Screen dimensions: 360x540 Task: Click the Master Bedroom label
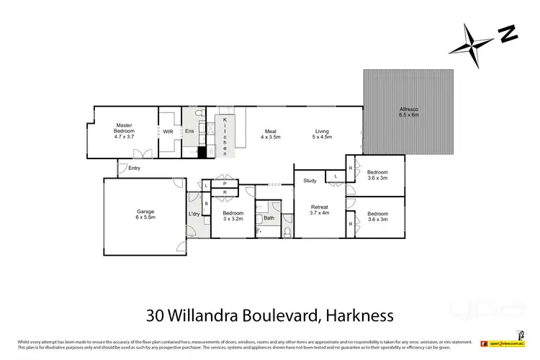click(x=125, y=129)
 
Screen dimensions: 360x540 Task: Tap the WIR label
click(x=168, y=132)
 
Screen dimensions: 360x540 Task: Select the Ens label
click(x=189, y=132)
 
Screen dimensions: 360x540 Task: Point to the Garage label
click(x=145, y=214)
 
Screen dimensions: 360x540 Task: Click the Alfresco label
click(x=409, y=112)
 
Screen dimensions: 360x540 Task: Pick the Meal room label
click(x=271, y=133)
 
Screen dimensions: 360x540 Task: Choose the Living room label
click(x=322, y=133)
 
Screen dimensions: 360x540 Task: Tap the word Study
click(x=310, y=181)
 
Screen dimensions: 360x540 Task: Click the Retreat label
click(x=318, y=210)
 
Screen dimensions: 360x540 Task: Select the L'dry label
click(x=193, y=215)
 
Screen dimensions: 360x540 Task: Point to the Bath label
click(x=269, y=217)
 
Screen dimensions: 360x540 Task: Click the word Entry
click(x=135, y=168)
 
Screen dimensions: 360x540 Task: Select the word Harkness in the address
click(x=359, y=315)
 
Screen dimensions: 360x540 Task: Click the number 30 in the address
click(x=154, y=315)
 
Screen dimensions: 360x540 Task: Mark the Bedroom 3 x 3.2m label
click(x=233, y=215)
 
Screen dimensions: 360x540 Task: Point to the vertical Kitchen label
click(x=225, y=135)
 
